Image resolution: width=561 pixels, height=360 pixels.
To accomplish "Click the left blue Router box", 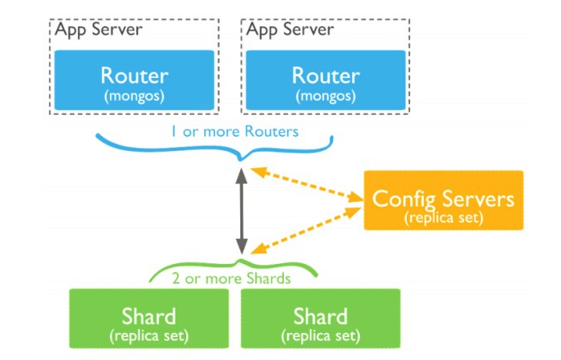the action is click(x=135, y=80).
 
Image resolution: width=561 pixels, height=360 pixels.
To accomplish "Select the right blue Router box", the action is click(x=326, y=80).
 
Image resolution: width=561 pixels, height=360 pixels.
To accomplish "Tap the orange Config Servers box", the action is click(x=444, y=200).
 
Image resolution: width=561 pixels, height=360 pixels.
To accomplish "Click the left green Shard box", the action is click(x=148, y=318).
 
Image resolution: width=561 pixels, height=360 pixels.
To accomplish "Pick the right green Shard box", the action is click(x=321, y=318).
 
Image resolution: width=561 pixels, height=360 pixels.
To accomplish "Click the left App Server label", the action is click(x=98, y=30).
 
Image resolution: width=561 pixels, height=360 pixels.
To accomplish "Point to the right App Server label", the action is click(x=290, y=30).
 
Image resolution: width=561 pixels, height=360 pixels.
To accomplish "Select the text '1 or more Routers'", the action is click(x=235, y=132).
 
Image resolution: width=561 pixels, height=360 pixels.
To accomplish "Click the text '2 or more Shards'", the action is click(x=231, y=279).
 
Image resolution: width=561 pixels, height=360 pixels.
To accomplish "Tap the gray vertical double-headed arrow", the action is click(x=241, y=211).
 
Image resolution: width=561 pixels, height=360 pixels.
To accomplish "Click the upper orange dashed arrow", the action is click(x=307, y=185).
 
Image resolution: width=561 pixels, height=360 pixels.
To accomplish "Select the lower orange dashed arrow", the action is click(x=306, y=230).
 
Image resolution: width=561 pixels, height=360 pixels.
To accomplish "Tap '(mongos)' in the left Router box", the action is click(x=135, y=96).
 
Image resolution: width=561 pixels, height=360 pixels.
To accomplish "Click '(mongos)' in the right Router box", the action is click(x=326, y=96).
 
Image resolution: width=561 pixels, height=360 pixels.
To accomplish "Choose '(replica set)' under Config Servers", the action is click(x=444, y=217).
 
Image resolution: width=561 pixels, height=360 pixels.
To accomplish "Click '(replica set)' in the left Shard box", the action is click(x=148, y=336).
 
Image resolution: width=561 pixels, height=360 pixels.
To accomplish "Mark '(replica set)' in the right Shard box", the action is click(x=321, y=336).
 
